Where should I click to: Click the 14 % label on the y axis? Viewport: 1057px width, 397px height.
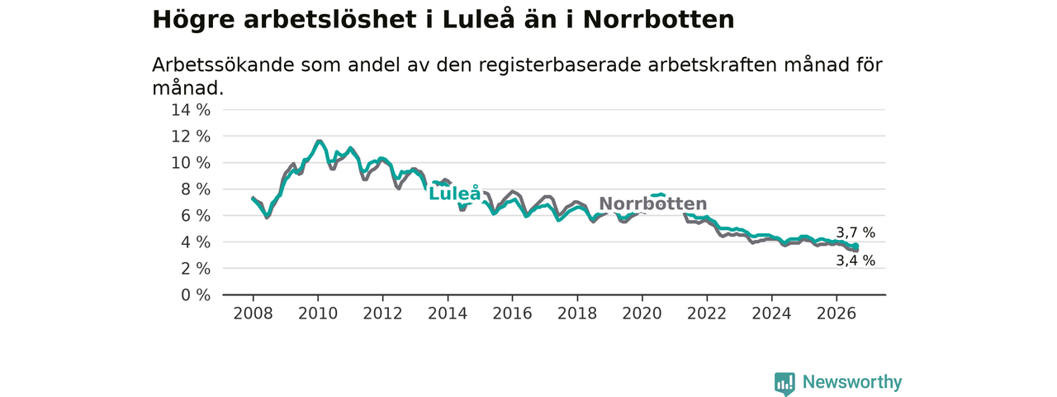pyautogui.click(x=191, y=110)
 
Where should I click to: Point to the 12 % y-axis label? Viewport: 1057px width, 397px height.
pyautogui.click(x=191, y=136)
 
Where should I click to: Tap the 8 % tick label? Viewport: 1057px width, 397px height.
pyautogui.click(x=196, y=189)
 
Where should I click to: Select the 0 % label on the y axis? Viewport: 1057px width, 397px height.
pyautogui.click(x=196, y=295)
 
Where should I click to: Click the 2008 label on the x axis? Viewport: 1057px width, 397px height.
pyautogui.click(x=253, y=313)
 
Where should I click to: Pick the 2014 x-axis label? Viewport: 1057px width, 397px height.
pyautogui.click(x=448, y=313)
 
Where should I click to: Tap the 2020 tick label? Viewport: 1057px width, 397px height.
pyautogui.click(x=642, y=313)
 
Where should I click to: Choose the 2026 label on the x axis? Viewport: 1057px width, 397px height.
pyautogui.click(x=837, y=313)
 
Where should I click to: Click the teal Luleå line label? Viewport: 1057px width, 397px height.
pyautogui.click(x=455, y=193)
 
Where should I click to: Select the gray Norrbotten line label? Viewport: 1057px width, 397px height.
pyautogui.click(x=653, y=203)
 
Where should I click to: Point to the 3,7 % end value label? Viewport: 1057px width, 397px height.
pyautogui.click(x=856, y=232)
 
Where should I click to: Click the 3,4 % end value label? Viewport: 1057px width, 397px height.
pyautogui.click(x=856, y=261)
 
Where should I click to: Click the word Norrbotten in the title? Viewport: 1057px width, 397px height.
pyautogui.click(x=659, y=20)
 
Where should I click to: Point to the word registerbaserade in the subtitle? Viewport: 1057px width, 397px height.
pyautogui.click(x=560, y=65)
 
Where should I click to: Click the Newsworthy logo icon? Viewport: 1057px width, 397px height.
pyautogui.click(x=784, y=383)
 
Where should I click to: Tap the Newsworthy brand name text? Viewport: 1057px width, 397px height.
pyautogui.click(x=852, y=382)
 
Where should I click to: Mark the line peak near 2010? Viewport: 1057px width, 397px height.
pyautogui.click(x=319, y=141)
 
